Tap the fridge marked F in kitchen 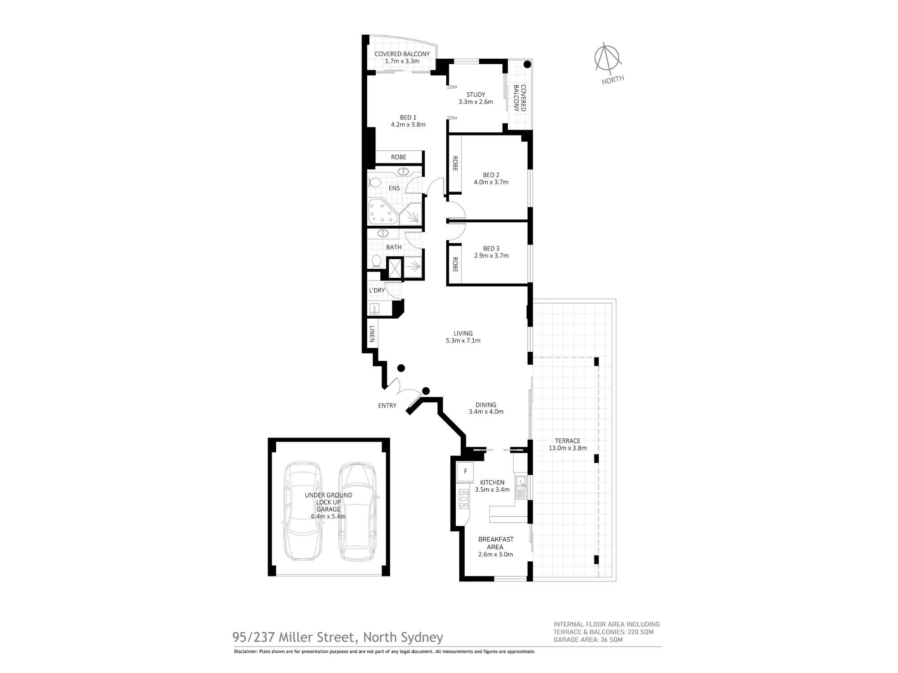point(466,472)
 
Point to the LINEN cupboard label point(372,334)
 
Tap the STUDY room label point(475,95)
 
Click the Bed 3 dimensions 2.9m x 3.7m point(491,256)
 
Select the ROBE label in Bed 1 point(398,157)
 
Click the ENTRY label point(387,406)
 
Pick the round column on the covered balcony point(528,64)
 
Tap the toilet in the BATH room point(376,261)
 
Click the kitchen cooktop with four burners point(463,498)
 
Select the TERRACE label point(568,441)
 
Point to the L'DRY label point(377,290)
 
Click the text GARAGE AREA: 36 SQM point(588,639)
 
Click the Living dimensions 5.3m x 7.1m point(463,341)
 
